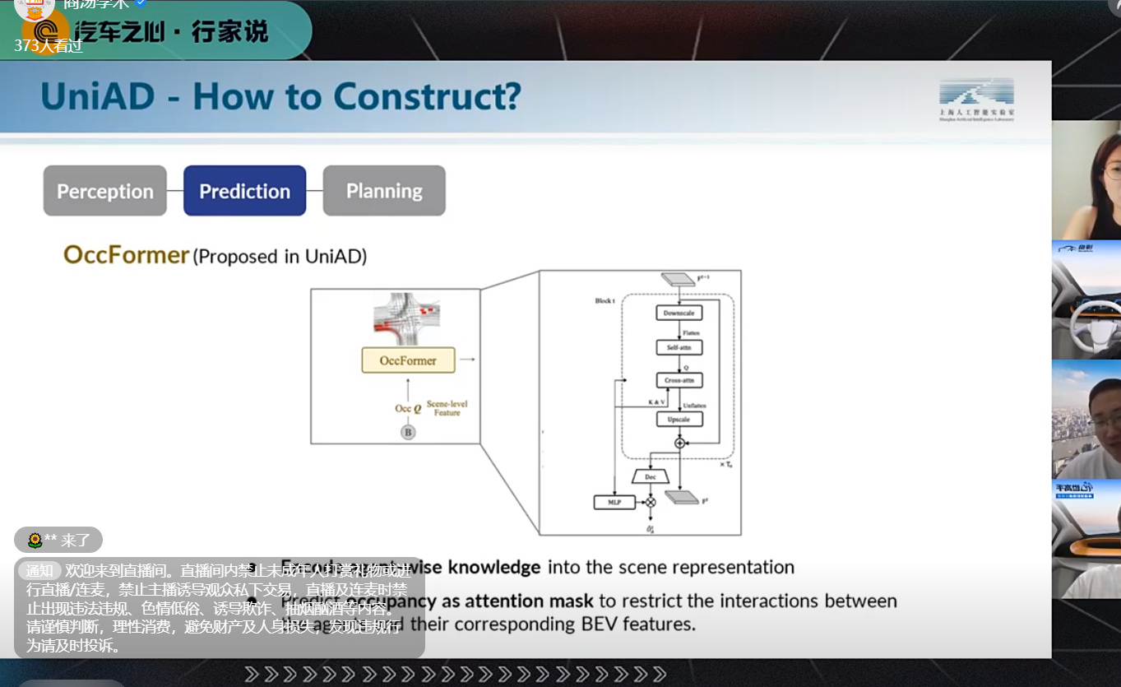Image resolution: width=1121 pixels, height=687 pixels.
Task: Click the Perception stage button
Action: point(105,191)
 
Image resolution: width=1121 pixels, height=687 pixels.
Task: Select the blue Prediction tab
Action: point(244,191)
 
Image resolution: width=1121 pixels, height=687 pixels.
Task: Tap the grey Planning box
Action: point(384,191)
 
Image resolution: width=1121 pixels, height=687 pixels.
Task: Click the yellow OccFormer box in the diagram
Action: point(408,360)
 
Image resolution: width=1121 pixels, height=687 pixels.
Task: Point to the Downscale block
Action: point(679,313)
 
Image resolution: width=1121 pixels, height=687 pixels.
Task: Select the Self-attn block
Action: point(679,348)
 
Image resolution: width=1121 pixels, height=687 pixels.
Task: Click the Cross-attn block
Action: point(679,380)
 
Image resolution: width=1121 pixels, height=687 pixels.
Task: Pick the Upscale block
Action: point(679,420)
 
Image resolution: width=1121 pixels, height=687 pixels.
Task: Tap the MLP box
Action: point(614,502)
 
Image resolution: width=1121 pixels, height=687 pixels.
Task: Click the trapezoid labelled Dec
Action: point(651,477)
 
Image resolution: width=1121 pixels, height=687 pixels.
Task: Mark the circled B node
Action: point(407,432)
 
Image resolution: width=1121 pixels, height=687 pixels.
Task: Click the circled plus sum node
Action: point(679,443)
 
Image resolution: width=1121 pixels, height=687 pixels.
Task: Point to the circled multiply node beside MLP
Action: point(651,502)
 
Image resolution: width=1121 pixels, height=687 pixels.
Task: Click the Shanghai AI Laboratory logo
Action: point(976,100)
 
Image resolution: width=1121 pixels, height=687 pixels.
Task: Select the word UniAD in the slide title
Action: point(97,97)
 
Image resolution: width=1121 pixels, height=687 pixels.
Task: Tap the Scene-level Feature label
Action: point(447,409)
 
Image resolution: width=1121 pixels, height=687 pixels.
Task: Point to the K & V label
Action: point(657,402)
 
